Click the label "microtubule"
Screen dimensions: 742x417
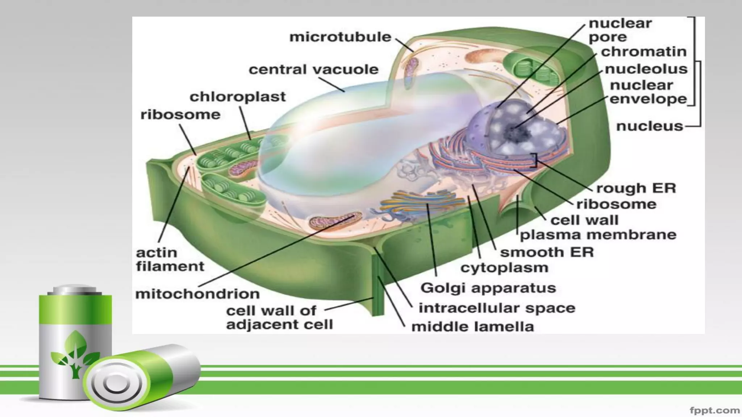tap(340, 37)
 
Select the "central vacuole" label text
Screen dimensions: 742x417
tap(313, 69)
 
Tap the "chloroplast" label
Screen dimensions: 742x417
tap(238, 97)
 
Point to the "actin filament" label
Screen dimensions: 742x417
tap(170, 259)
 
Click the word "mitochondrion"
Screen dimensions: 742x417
tap(197, 294)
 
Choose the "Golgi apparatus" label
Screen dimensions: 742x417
tap(488, 288)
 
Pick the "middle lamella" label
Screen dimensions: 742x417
tap(472, 327)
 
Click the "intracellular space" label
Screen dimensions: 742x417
tap(497, 308)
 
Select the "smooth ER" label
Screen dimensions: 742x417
tap(547, 252)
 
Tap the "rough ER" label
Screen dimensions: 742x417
tap(636, 188)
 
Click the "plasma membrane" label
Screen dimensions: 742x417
tap(598, 235)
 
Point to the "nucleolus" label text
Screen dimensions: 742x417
tap(646, 69)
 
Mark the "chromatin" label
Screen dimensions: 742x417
tap(644, 52)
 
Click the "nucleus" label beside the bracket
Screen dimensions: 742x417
tap(649, 126)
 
